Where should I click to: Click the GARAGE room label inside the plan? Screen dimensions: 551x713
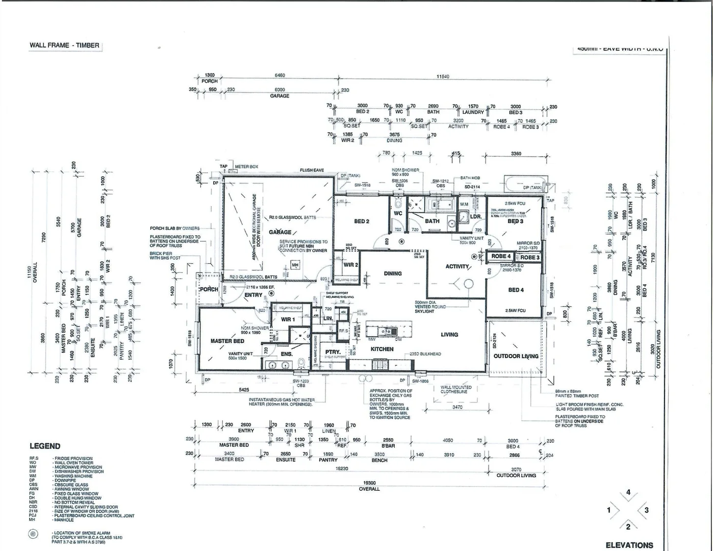point(280,232)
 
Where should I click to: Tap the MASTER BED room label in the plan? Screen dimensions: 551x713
point(227,341)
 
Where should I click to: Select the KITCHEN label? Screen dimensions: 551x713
point(382,349)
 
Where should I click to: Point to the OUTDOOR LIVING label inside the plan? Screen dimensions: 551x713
point(516,356)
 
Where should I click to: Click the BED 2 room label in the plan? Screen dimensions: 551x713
point(362,221)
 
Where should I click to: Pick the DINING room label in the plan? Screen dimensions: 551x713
point(393,273)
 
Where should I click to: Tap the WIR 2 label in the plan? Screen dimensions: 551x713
point(351,265)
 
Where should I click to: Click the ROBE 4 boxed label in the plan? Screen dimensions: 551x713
point(501,256)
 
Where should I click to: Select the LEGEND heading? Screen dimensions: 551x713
point(45,446)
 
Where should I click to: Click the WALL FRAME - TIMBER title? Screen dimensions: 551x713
point(64,45)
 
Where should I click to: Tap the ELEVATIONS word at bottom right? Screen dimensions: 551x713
point(629,545)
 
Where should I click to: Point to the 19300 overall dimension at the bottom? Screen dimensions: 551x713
point(369,483)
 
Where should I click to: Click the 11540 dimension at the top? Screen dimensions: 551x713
point(443,77)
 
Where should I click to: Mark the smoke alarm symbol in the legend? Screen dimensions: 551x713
point(34,534)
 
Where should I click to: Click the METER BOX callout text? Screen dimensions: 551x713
point(246,167)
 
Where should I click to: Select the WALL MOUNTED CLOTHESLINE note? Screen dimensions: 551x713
point(456,389)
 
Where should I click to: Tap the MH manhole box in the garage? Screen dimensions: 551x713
point(295,265)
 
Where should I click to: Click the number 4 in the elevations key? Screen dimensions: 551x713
point(628,492)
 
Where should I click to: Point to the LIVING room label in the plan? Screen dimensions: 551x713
point(449,335)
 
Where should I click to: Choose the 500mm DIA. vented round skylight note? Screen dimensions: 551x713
point(430,307)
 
